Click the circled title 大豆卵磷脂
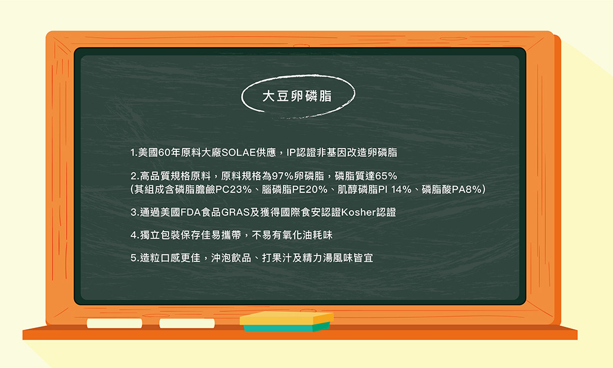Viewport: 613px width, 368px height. [296, 96]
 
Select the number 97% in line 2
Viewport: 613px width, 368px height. [283, 176]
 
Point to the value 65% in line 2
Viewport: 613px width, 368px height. [386, 176]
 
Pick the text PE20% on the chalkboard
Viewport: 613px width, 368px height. [309, 190]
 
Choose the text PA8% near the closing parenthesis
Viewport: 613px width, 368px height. [466, 190]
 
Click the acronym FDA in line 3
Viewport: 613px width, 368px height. [191, 212]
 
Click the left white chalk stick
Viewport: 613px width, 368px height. [114, 323]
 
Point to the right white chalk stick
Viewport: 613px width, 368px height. [187, 323]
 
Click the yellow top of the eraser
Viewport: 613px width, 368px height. [286, 318]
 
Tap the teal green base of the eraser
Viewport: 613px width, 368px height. [286, 328]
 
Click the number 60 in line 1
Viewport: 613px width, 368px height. [164, 153]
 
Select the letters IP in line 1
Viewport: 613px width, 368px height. [291, 153]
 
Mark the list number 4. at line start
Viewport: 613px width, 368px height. [134, 235]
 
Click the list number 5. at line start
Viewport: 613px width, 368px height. [134, 258]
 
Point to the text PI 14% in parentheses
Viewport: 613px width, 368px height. [395, 190]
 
